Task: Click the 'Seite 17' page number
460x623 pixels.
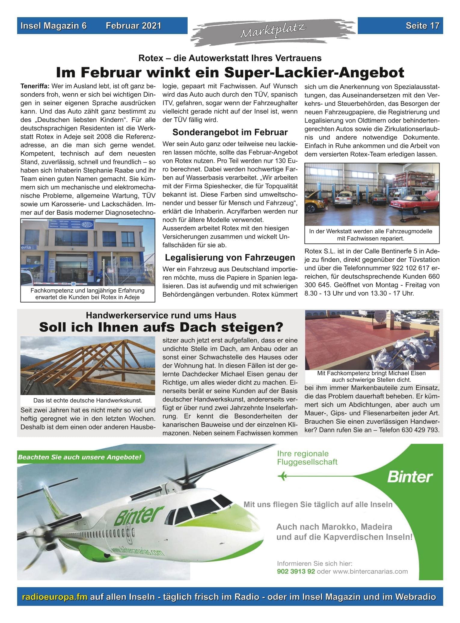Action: [x=422, y=26]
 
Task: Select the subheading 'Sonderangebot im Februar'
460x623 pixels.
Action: [x=230, y=132]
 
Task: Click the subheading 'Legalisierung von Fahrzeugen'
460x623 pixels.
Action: [x=230, y=257]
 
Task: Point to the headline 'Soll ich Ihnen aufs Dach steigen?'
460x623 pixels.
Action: [x=161, y=327]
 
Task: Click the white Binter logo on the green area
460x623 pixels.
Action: [x=410, y=477]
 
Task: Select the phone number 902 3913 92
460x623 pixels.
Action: [x=296, y=571]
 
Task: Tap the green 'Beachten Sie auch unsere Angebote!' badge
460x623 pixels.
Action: [x=79, y=457]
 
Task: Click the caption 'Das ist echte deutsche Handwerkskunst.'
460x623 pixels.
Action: [x=88, y=400]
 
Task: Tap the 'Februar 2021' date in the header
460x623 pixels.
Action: [x=133, y=26]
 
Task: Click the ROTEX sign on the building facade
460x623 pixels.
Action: [x=87, y=225]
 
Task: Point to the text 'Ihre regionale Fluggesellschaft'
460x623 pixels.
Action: [x=307, y=458]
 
